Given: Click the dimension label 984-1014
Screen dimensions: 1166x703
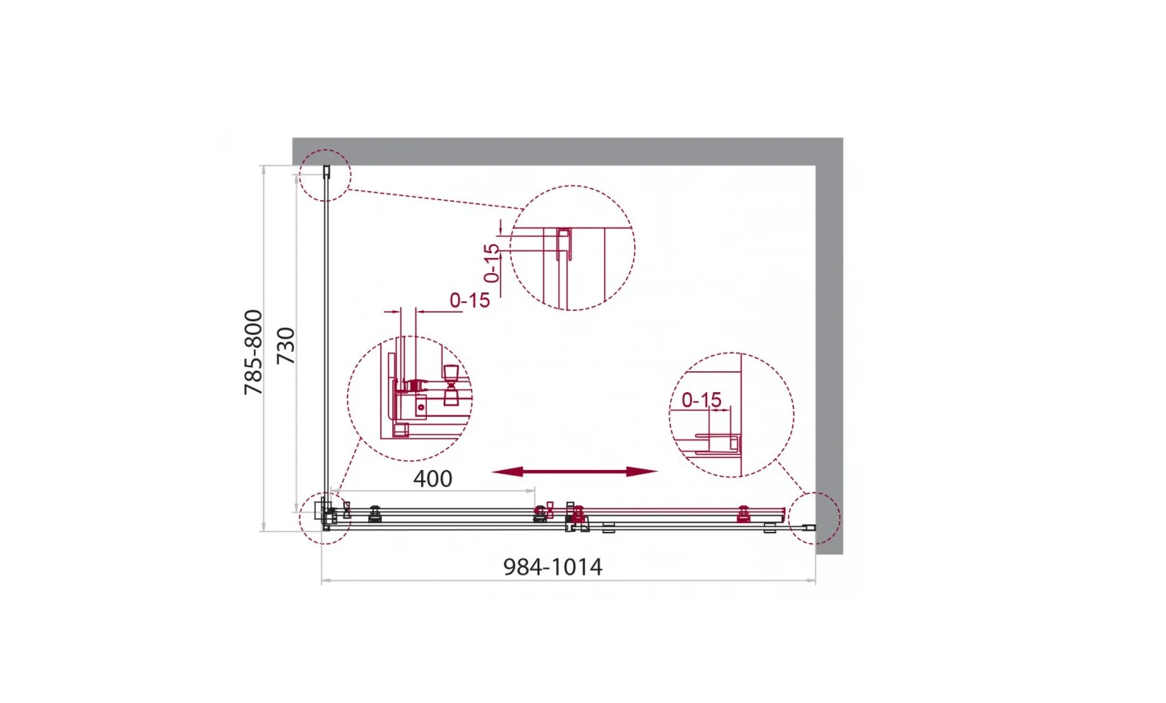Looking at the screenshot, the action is [552, 567].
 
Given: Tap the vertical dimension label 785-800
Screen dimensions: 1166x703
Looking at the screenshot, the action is [254, 352].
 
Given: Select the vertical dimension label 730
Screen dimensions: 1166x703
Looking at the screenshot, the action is [286, 346].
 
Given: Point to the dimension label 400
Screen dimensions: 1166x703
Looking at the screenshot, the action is [432, 479].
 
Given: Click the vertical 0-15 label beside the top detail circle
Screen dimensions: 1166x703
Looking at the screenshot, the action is [491, 264].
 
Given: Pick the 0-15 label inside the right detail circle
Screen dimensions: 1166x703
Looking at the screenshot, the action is [702, 400].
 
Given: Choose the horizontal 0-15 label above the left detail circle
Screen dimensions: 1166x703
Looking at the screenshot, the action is [470, 300].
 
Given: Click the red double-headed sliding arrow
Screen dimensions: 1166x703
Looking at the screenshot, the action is [574, 472].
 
